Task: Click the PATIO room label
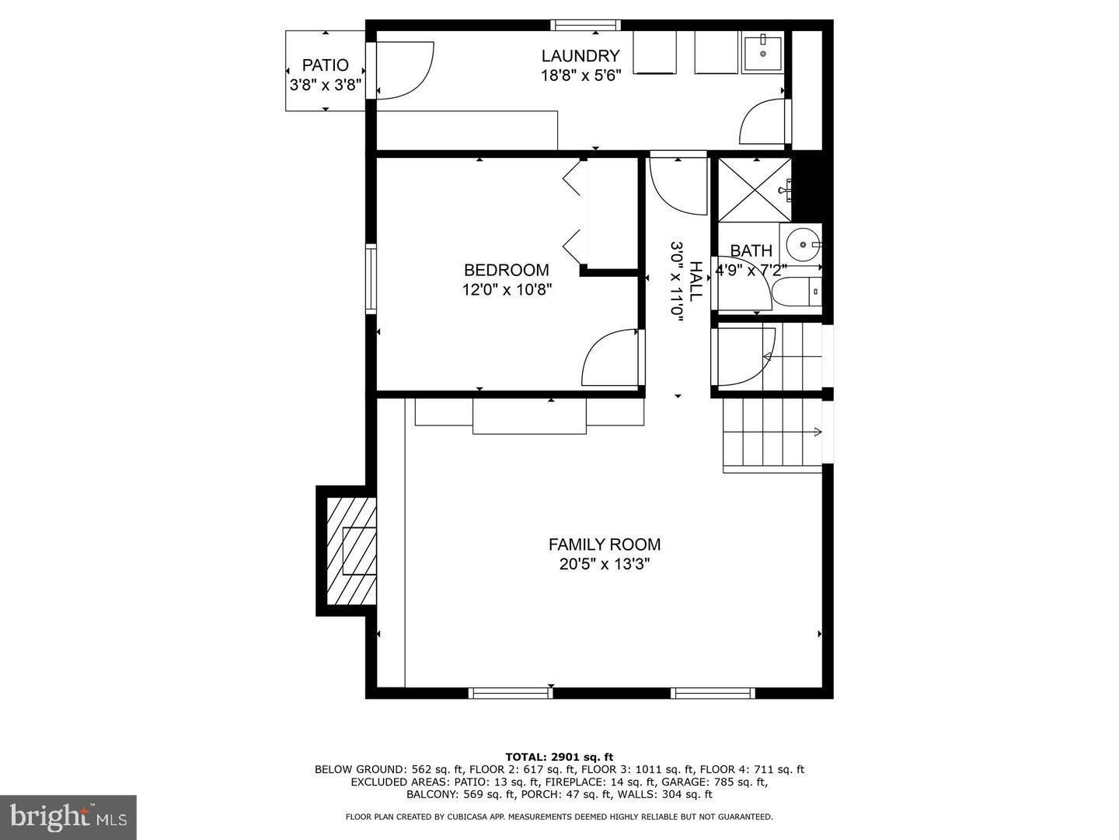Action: pyautogui.click(x=325, y=65)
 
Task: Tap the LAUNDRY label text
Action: pyautogui.click(x=580, y=56)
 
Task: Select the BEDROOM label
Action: pyautogui.click(x=506, y=270)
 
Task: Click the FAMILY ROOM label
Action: pyautogui.click(x=604, y=544)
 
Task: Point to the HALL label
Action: pyautogui.click(x=695, y=281)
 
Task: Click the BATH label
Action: pyautogui.click(x=751, y=250)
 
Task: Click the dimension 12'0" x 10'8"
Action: pyautogui.click(x=506, y=290)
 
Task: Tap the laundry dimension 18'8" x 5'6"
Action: pyautogui.click(x=580, y=76)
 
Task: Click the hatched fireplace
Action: pyautogui.click(x=351, y=551)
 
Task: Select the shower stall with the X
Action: pyautogui.click(x=753, y=190)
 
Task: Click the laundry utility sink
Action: pyautogui.click(x=762, y=52)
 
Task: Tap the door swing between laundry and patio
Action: pyautogui.click(x=403, y=70)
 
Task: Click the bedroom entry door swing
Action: pyautogui.click(x=612, y=358)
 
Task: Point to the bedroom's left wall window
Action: pyautogui.click(x=371, y=278)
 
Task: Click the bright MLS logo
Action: pyautogui.click(x=68, y=817)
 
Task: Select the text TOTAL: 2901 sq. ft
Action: pyautogui.click(x=559, y=757)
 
